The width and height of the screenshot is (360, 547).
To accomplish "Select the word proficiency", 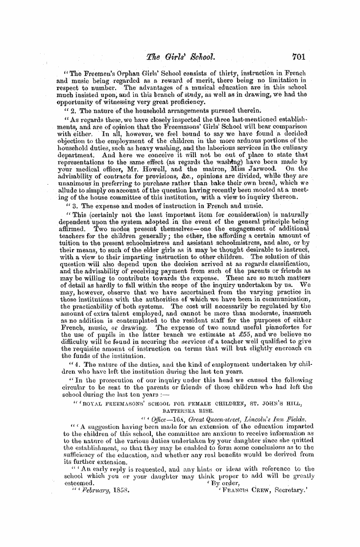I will coord(199,101).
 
